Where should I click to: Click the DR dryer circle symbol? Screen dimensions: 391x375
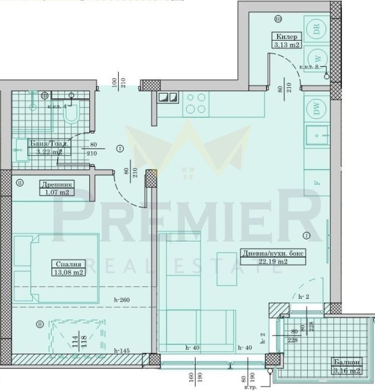[316, 29]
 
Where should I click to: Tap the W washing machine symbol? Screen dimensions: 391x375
[316, 57]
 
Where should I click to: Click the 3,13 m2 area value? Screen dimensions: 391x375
[286, 45]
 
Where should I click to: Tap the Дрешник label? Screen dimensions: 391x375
[54, 183]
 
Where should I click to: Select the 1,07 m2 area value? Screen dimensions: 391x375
[54, 191]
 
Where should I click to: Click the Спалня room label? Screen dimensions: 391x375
[67, 264]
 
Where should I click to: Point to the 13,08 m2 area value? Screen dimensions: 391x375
[67, 272]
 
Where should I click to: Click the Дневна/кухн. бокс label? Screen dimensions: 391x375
[272, 253]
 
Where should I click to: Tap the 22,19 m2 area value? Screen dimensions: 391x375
[272, 262]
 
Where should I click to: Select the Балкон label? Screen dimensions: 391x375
[346, 362]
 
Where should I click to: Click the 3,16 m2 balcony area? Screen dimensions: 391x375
[346, 371]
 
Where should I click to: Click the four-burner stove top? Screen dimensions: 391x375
[195, 103]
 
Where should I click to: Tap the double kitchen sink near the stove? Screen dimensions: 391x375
[167, 98]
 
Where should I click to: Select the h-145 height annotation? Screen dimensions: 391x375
[123, 350]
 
